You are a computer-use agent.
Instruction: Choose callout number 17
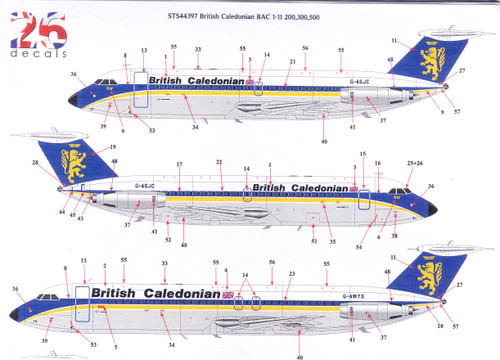[179, 163]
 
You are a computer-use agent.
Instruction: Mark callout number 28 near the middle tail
[35, 162]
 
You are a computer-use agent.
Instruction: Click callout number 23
[291, 273]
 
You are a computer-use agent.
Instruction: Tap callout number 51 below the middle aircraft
[314, 241]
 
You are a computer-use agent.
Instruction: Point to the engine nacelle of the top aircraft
[370, 98]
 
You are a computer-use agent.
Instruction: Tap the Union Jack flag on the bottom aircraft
[229, 294]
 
